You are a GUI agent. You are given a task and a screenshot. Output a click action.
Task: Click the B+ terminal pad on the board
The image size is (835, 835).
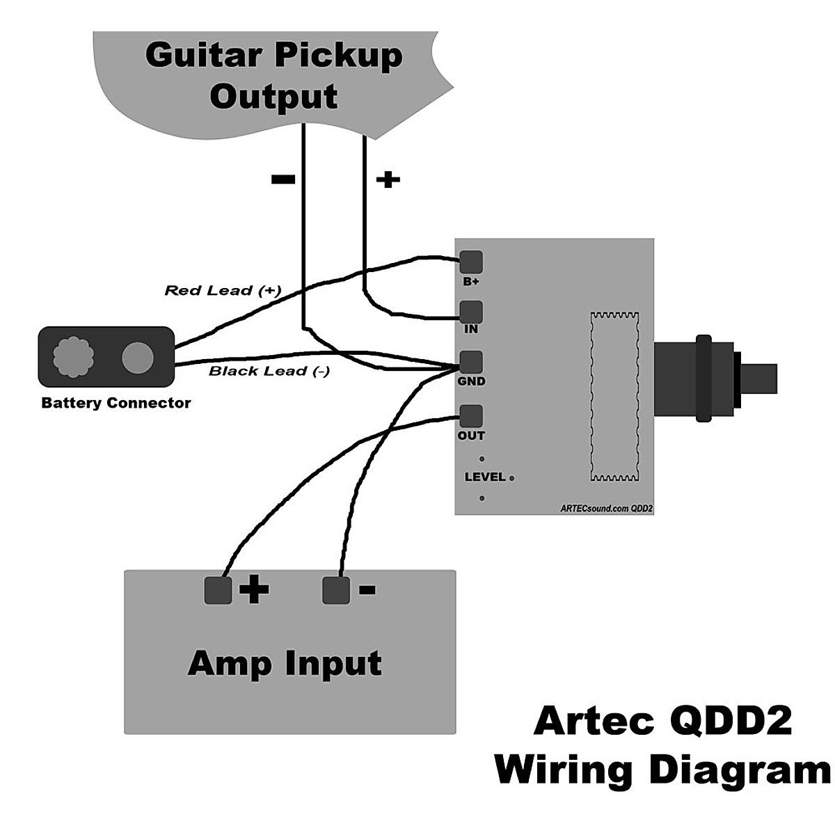point(471,262)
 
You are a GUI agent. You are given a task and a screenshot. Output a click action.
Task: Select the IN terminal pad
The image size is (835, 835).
point(471,312)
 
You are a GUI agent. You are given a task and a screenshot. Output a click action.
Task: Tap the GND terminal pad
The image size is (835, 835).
point(471,362)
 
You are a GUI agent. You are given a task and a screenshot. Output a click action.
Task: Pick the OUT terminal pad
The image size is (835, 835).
point(471,416)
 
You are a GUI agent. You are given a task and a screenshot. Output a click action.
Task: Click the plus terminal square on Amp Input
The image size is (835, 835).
point(218,590)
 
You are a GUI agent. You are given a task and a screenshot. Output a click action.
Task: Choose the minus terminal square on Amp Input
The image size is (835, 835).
point(336,590)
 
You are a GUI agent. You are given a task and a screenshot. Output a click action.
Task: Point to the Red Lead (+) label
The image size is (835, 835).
point(223,290)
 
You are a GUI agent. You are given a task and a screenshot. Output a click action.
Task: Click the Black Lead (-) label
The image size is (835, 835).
point(269,371)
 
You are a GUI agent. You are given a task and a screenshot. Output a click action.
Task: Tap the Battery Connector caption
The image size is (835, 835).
point(116,403)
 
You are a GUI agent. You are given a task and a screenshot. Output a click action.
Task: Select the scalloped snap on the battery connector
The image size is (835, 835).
point(73,357)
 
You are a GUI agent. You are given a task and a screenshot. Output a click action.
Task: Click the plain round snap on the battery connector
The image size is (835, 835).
point(137,357)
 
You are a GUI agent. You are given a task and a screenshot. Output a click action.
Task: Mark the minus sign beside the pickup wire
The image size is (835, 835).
point(283,180)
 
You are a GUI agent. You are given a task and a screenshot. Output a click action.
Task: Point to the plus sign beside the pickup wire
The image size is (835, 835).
point(388,180)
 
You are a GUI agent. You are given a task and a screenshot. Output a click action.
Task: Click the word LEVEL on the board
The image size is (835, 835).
point(485,477)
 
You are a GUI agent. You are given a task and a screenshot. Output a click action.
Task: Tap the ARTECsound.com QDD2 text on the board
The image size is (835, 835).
point(606,509)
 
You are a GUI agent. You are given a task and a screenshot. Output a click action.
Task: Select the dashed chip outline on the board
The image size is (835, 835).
point(614,397)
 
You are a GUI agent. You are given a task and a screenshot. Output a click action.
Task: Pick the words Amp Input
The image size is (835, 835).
point(285,663)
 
